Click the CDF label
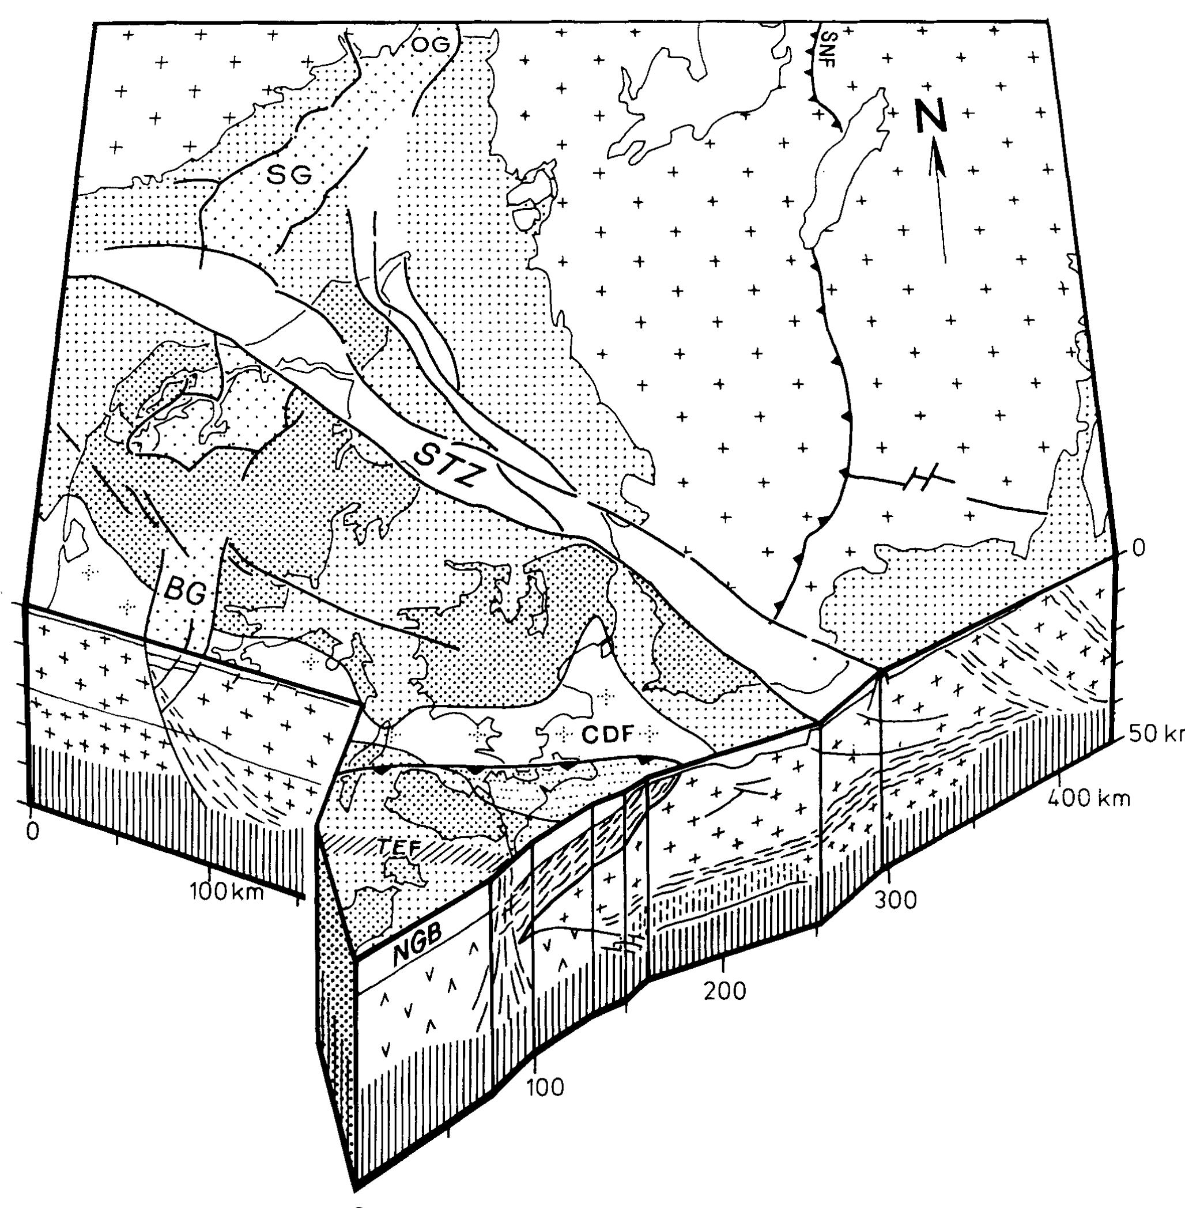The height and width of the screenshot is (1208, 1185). click(x=607, y=734)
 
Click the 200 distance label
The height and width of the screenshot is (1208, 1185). click(x=726, y=991)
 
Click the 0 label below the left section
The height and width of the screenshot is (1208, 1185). click(x=33, y=832)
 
